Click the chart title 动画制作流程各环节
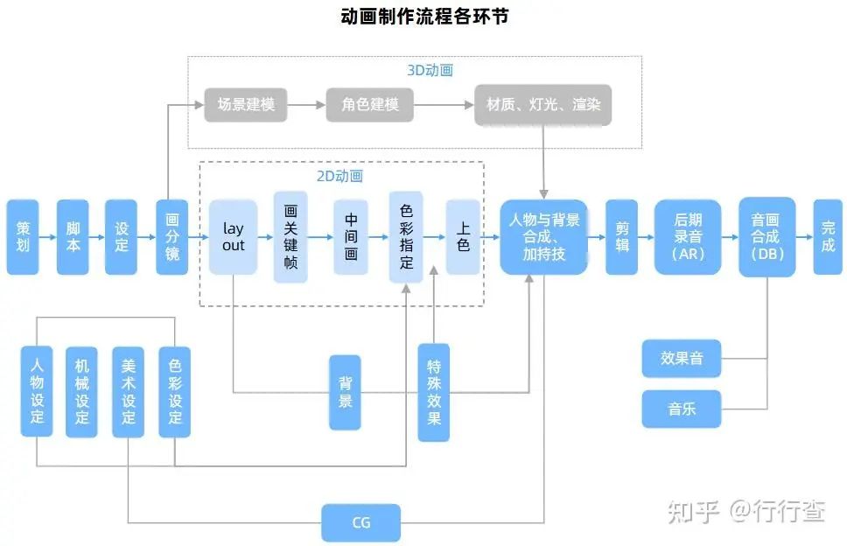423,17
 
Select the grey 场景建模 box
246,105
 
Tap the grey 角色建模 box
369,105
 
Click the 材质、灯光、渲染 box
543,105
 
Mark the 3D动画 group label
430,70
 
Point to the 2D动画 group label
339,176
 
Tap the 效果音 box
682,359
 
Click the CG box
361,522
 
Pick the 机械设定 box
82,392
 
